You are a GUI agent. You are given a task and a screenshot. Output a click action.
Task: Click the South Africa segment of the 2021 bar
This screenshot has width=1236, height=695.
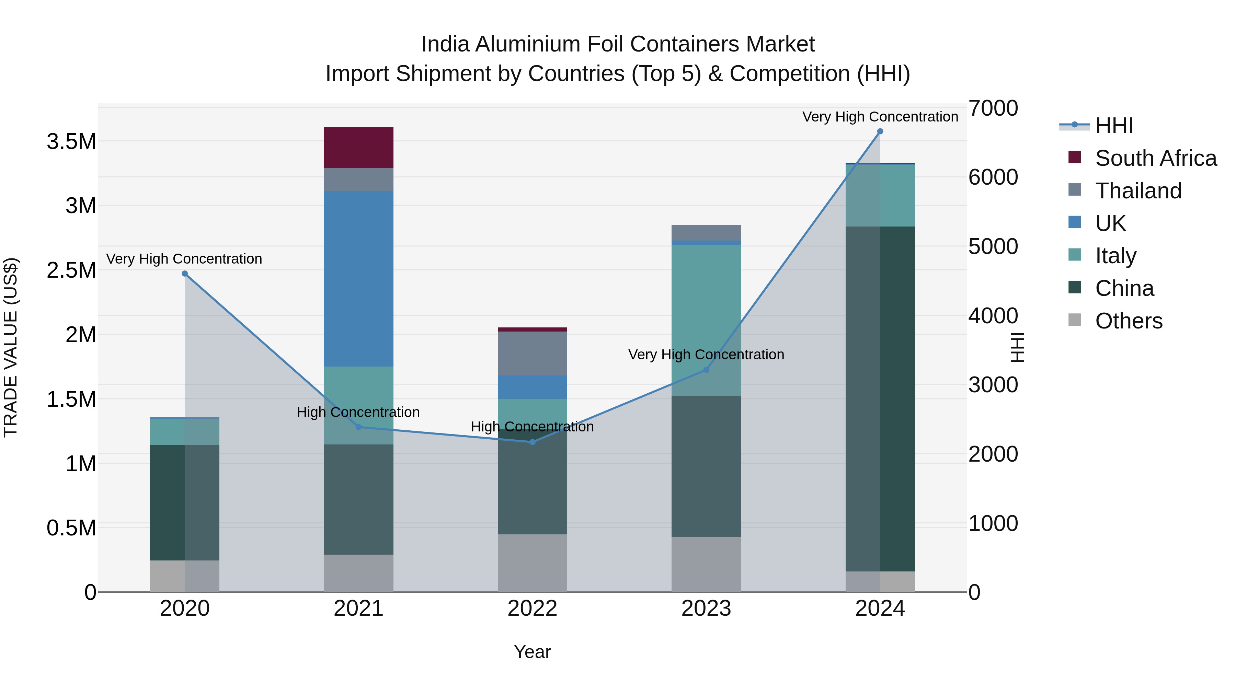pyautogui.click(x=358, y=148)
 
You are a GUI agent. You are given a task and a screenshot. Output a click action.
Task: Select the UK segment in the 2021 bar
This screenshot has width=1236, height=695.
pyautogui.click(x=358, y=278)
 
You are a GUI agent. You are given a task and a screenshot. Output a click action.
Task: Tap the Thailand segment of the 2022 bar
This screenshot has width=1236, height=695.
pyautogui.click(x=532, y=354)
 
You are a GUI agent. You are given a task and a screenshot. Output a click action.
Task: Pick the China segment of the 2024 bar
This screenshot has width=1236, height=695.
pyautogui.click(x=880, y=398)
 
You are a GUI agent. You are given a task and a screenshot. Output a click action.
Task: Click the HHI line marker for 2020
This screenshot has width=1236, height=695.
pyautogui.click(x=185, y=274)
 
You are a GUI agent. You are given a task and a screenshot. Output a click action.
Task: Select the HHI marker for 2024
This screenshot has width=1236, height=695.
pyautogui.click(x=880, y=131)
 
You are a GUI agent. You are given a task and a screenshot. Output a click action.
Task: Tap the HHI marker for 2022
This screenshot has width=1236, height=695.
pyautogui.click(x=532, y=442)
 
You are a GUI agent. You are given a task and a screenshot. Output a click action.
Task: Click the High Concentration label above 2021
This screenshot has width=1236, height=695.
pyautogui.click(x=358, y=412)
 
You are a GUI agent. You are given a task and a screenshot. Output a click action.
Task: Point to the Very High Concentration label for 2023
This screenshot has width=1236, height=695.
pyautogui.click(x=706, y=355)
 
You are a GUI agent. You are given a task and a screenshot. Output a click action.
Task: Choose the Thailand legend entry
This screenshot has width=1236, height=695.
pyautogui.click(x=1138, y=191)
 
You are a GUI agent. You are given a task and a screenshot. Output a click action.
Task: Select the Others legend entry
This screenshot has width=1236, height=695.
pyautogui.click(x=1129, y=321)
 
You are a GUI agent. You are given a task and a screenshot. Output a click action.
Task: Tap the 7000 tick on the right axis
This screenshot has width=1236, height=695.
pyautogui.click(x=992, y=108)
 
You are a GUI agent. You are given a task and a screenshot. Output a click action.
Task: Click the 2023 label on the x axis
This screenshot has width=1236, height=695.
pyautogui.click(x=706, y=609)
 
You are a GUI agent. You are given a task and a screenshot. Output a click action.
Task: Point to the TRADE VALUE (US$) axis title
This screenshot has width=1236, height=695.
pyautogui.click(x=11, y=347)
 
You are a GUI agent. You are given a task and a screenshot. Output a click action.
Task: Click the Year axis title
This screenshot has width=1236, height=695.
pyautogui.click(x=532, y=652)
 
